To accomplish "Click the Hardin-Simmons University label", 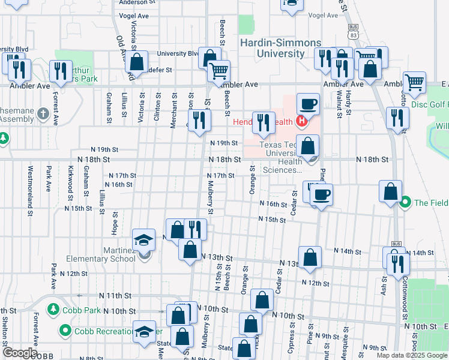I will tap(272, 48).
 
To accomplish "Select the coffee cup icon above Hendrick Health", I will tap(308, 104).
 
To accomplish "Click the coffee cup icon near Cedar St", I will tap(321, 194).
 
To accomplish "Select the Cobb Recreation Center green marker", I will tap(65, 330).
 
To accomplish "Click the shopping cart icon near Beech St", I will tap(219, 71).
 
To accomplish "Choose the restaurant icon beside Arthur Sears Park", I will tap(60, 71).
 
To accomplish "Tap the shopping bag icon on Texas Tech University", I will tap(308, 146).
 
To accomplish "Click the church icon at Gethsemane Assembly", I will tap(43, 113).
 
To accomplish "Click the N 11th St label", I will tap(116, 296).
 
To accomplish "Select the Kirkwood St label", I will tap(71, 183).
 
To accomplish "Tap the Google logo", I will tap(20, 353).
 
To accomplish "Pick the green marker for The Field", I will tap(405, 202).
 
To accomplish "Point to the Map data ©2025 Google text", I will tap(412, 355).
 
